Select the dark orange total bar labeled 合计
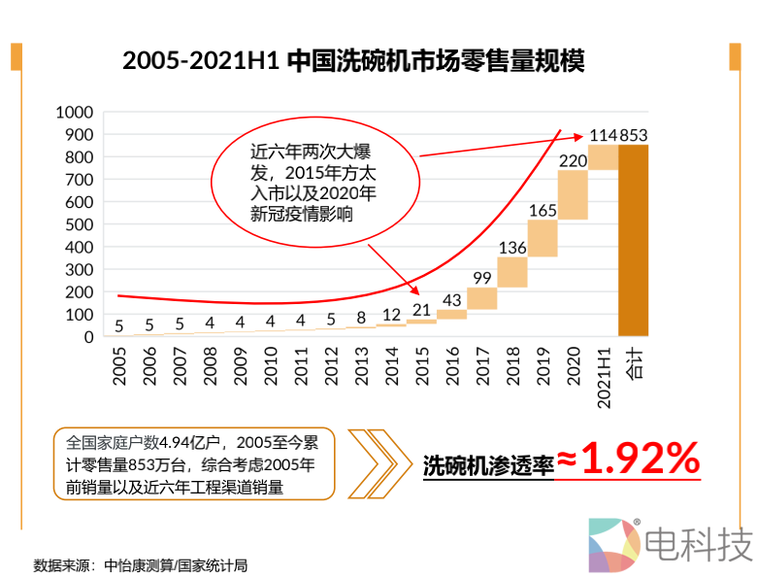(634, 241)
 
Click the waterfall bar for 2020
(573, 194)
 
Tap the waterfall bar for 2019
(543, 238)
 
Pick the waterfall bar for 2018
(512, 272)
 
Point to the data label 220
(573, 160)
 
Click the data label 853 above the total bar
(634, 134)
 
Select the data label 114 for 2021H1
(603, 134)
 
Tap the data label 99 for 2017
(482, 278)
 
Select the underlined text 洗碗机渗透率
(488, 465)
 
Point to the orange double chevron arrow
(378, 462)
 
